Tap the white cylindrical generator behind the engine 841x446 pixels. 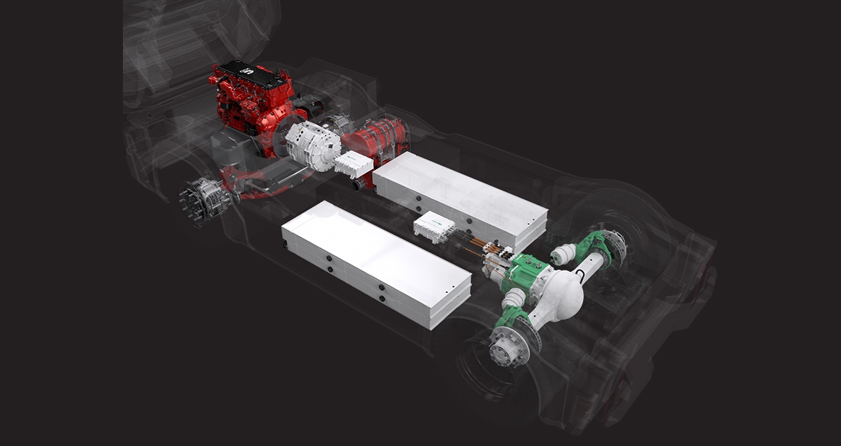tap(313, 147)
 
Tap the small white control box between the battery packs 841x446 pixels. tap(434, 227)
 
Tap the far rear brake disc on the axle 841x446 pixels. tap(615, 245)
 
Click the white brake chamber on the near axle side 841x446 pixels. tap(514, 299)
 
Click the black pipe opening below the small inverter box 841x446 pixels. tap(358, 185)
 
